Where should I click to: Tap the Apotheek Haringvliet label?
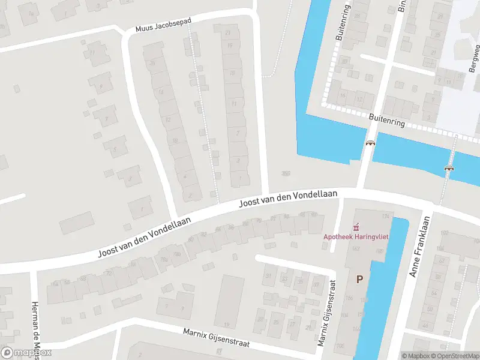[x=356, y=236]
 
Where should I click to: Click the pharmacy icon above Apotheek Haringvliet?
[x=356, y=227]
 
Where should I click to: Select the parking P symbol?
[x=360, y=278]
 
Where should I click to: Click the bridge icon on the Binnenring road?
[x=371, y=143]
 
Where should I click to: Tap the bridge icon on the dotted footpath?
[x=448, y=169]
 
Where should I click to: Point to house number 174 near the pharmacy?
[x=386, y=216]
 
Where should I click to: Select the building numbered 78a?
[x=163, y=259]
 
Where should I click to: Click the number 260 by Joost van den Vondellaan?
[x=286, y=173]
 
